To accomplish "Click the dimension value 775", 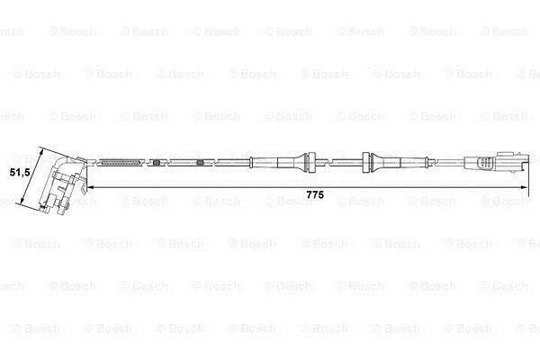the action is (315, 195).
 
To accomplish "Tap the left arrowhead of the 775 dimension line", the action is (91, 187).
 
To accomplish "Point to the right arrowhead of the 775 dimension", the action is (524, 187).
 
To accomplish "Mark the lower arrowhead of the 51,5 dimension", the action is (22, 200).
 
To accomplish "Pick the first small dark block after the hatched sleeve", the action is (157, 162).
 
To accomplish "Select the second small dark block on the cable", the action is (200, 163).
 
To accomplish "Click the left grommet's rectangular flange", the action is (311, 162).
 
